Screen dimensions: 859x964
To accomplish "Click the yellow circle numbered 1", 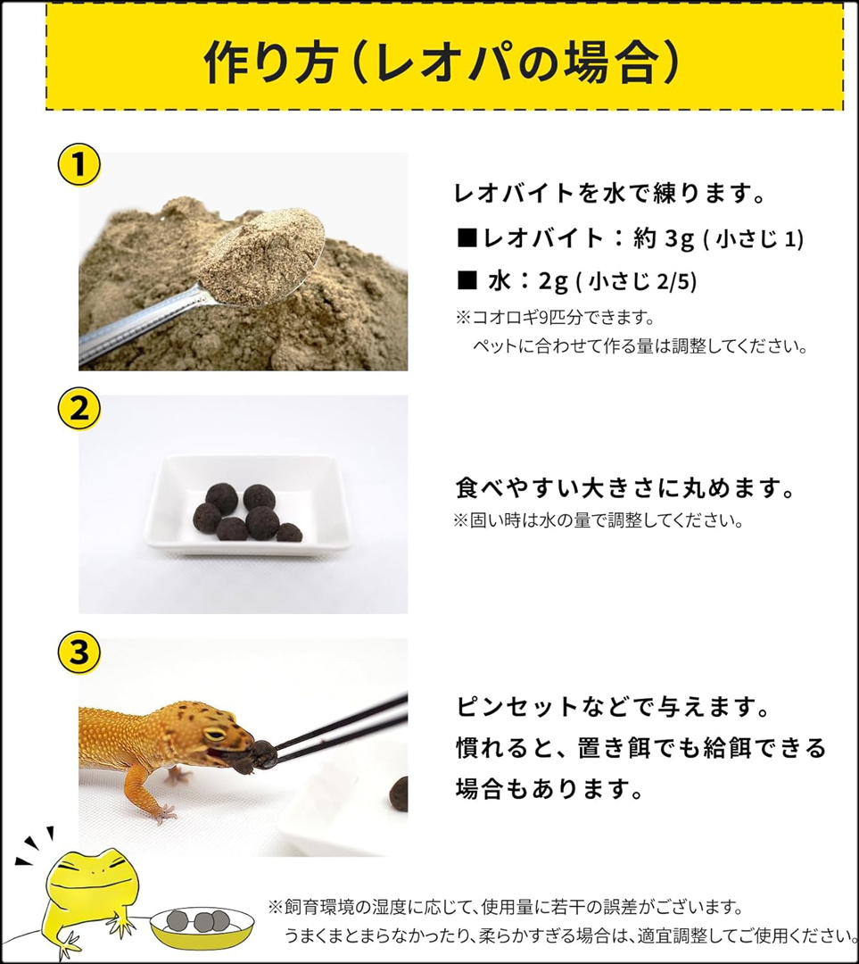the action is pos(78,165).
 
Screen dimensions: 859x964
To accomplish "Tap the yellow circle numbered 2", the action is pos(78,408).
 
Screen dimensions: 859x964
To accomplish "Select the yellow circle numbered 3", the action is pos(78,652).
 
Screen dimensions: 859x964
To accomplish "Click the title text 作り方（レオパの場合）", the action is pos(442,62).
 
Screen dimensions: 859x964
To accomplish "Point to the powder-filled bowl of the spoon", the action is pos(261,256).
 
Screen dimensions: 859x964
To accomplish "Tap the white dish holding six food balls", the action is pos(247,505).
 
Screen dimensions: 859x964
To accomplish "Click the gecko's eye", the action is pos(214,734).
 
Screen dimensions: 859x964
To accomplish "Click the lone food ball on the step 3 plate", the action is pos(399,794).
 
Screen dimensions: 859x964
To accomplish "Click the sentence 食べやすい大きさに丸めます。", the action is pos(625,489).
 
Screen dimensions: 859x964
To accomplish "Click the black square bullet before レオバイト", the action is pos(467,238).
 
